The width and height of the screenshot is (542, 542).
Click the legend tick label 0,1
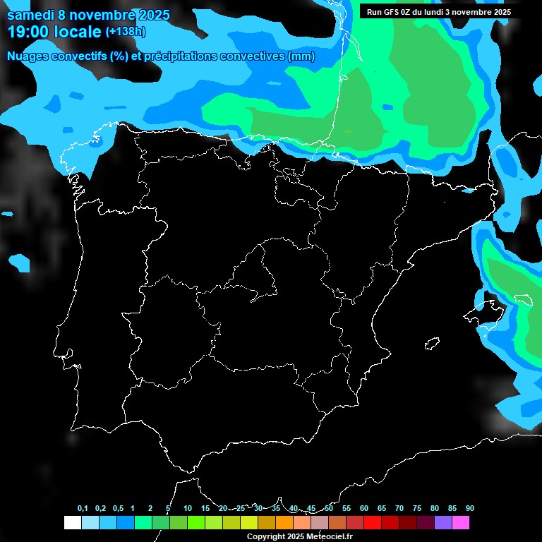pos(83,508)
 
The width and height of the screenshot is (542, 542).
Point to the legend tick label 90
pos(470,508)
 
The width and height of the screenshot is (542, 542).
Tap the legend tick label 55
pos(347,508)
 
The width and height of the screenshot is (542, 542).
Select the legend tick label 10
pos(188,508)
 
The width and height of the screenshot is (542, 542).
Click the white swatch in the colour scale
pos(72,522)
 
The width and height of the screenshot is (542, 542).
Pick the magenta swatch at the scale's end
pos(461,522)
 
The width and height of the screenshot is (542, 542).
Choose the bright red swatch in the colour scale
pos(373,522)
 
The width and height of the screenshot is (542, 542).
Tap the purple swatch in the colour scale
pos(443,522)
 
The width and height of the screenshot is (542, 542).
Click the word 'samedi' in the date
pos(32,15)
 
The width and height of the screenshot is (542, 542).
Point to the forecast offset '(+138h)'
pos(126,32)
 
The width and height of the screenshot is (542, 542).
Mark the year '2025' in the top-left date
pos(150,15)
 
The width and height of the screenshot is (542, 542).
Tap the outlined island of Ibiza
pos(431,344)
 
